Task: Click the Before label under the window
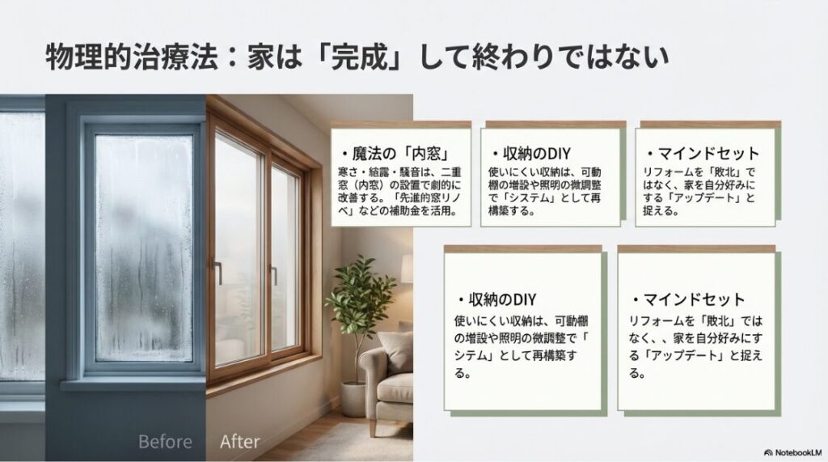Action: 165,442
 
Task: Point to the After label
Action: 240,442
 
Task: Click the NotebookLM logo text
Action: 796,451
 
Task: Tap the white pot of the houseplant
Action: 353,398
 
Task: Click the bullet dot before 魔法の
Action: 344,154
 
